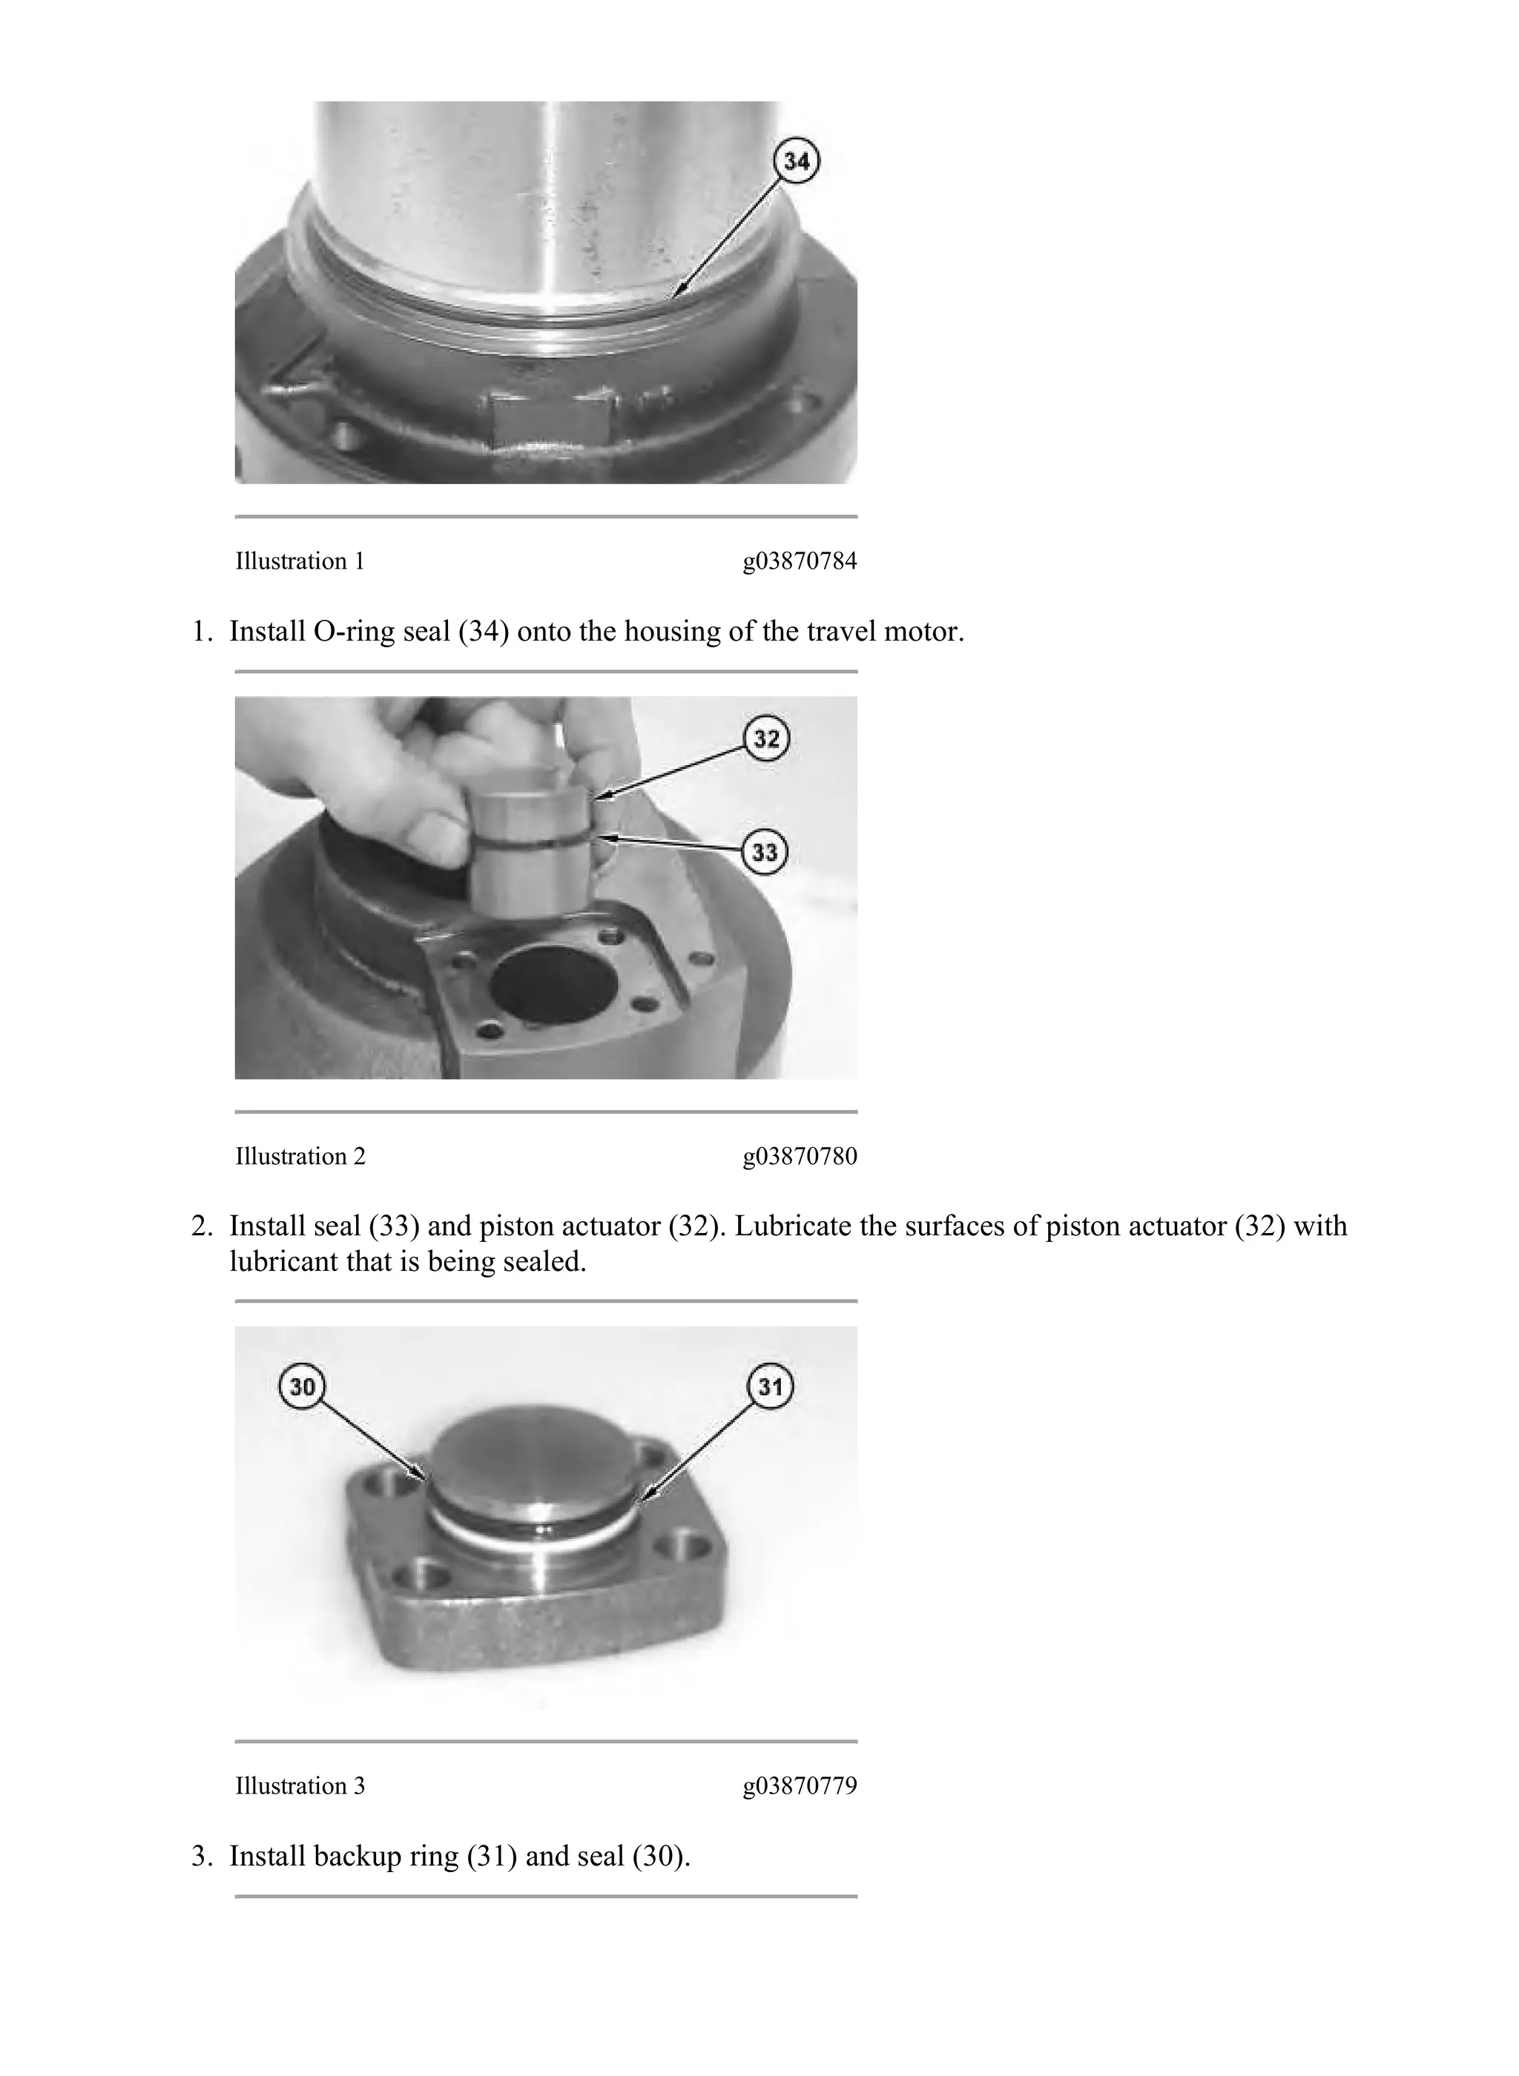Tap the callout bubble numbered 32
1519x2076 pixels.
click(767, 739)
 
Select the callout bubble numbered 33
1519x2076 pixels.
click(765, 852)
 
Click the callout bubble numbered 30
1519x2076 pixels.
click(303, 1386)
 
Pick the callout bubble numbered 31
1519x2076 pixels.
click(770, 1386)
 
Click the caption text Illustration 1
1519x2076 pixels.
click(300, 561)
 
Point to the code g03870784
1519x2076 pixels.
click(799, 561)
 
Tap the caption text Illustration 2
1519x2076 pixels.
click(300, 1156)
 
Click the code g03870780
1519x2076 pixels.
click(799, 1156)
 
